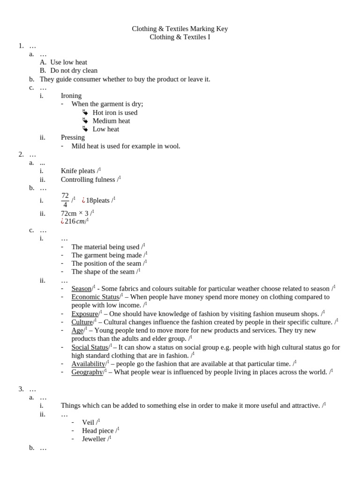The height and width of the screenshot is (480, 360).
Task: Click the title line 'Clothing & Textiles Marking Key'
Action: tap(180, 29)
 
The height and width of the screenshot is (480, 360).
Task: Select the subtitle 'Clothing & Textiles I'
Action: tap(180, 37)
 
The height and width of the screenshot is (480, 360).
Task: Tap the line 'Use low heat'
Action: tap(68, 62)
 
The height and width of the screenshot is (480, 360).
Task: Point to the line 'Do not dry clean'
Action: tap(74, 71)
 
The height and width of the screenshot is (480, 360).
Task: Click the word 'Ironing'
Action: tap(71, 96)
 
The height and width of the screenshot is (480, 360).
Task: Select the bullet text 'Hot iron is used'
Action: tap(115, 112)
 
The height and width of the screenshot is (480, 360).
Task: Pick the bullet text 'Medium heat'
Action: tap(111, 121)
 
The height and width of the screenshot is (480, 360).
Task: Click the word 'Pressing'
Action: tap(73, 137)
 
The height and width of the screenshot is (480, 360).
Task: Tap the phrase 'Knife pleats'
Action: tap(78, 171)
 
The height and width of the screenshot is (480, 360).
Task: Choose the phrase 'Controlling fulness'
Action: tap(88, 180)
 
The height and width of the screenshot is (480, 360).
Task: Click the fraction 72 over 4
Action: tap(65, 200)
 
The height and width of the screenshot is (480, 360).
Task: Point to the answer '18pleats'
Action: tap(97, 201)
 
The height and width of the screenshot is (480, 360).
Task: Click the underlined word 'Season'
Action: tap(81, 289)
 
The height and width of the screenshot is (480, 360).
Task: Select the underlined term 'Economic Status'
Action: tap(95, 297)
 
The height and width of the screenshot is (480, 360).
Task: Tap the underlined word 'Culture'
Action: tap(82, 322)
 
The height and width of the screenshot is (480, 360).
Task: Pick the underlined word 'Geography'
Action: tap(87, 372)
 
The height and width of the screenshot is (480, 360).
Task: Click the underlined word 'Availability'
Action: tap(88, 364)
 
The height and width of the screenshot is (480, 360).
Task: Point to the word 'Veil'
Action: tap(88, 422)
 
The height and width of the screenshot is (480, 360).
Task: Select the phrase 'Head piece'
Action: tap(97, 431)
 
